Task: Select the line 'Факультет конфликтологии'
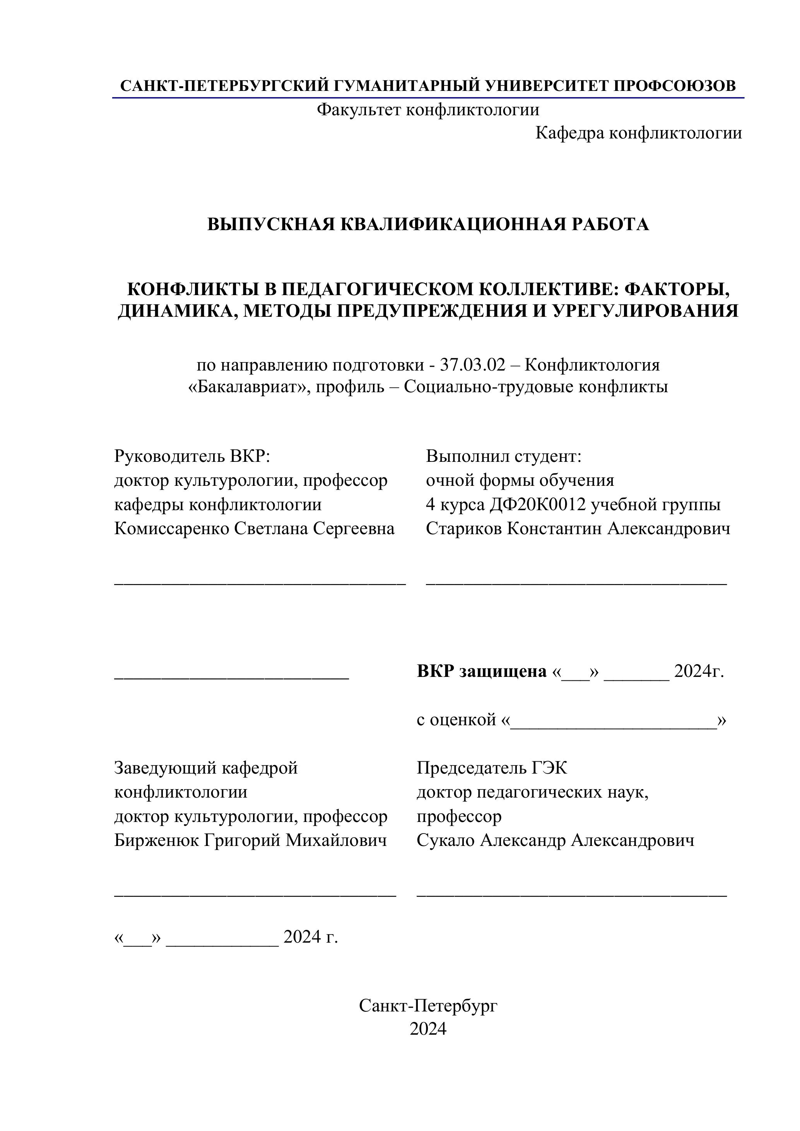(427, 109)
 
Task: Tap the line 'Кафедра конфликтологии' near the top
(638, 133)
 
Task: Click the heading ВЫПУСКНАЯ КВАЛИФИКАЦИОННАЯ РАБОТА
(427, 224)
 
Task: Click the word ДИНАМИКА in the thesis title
(177, 311)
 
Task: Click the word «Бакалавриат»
(248, 387)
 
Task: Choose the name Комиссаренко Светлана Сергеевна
(254, 528)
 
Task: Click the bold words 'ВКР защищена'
(482, 671)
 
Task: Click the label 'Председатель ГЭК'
(492, 767)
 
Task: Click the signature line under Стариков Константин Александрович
(576, 583)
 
